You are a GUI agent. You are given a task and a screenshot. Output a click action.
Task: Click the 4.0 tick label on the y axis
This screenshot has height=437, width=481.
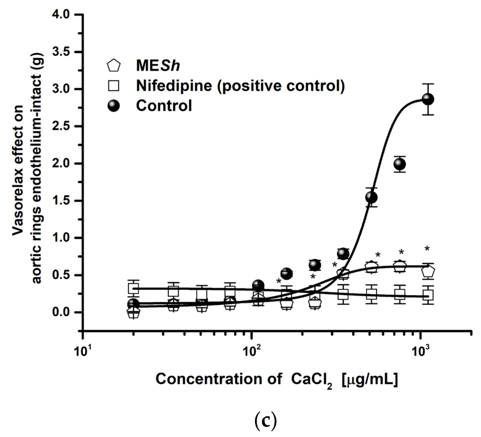(x=61, y=15)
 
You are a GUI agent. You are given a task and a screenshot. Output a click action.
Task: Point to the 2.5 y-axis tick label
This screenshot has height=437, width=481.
(x=61, y=126)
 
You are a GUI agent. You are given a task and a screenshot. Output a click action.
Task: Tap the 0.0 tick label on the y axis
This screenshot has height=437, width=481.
(x=61, y=312)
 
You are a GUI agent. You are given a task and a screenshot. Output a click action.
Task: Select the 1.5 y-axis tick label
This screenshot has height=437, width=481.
(x=61, y=201)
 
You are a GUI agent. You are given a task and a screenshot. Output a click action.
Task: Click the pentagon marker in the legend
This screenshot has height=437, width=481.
(x=114, y=66)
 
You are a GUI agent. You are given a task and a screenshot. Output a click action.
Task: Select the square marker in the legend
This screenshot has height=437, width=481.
(x=114, y=86)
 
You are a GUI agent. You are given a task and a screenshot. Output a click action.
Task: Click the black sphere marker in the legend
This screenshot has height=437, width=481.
(x=114, y=106)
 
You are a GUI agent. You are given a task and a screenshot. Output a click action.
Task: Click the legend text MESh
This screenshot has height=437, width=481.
(x=158, y=66)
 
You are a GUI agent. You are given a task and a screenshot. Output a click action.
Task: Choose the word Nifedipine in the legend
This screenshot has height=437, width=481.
(x=174, y=86)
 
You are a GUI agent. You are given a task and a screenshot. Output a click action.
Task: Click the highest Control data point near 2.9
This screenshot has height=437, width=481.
(x=428, y=99)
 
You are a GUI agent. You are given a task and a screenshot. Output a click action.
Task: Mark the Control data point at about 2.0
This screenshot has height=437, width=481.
(x=400, y=164)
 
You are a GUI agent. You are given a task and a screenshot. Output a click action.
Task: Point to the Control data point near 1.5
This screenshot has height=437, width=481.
(x=371, y=197)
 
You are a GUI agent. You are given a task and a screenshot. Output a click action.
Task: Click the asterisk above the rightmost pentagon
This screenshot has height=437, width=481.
(x=427, y=249)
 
